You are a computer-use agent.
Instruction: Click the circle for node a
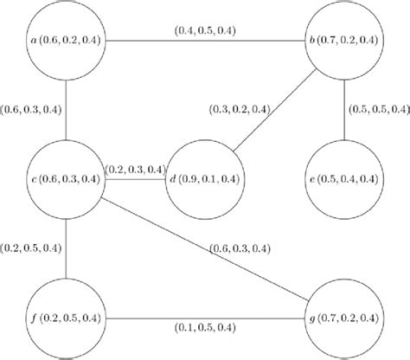pyautogui.click(x=66, y=41)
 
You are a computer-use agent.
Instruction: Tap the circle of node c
pyautogui.click(x=66, y=179)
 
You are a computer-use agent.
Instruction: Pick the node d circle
pyautogui.click(x=205, y=179)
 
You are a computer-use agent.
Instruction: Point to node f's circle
pyautogui.click(x=66, y=318)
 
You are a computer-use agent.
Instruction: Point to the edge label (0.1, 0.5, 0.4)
pyautogui.click(x=205, y=330)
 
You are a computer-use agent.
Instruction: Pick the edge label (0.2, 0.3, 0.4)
pyautogui.click(x=134, y=169)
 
